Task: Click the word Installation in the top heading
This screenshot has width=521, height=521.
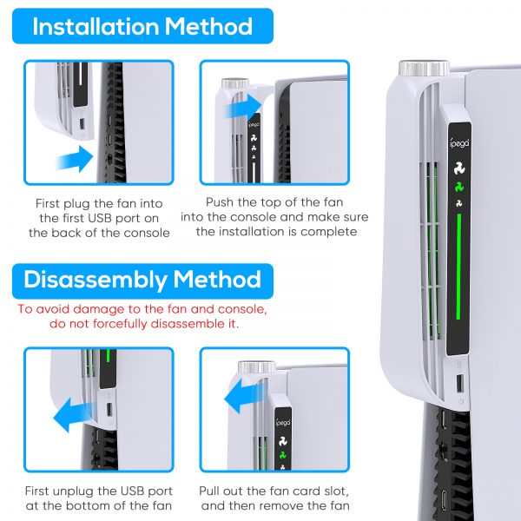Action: click(x=96, y=26)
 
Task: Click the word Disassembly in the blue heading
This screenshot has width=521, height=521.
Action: click(x=95, y=280)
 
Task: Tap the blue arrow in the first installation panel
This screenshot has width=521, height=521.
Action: click(x=75, y=159)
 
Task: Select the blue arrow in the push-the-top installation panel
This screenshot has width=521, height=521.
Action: click(x=243, y=106)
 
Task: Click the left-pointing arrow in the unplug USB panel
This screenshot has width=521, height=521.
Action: click(x=74, y=414)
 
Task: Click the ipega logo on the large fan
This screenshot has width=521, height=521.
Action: click(x=459, y=143)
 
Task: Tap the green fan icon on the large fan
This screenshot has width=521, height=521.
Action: click(x=459, y=187)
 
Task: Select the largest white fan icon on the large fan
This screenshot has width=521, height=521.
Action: click(x=459, y=168)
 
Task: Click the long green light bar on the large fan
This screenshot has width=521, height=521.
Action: click(x=458, y=267)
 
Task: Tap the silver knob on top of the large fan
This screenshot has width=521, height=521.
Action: click(x=424, y=68)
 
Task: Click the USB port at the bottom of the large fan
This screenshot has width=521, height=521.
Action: click(x=460, y=383)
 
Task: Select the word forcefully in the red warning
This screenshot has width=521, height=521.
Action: click(x=121, y=324)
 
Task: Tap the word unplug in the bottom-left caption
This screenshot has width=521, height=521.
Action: click(x=73, y=491)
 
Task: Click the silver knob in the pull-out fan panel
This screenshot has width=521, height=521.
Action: click(x=256, y=366)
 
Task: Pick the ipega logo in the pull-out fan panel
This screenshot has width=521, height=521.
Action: click(x=283, y=423)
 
